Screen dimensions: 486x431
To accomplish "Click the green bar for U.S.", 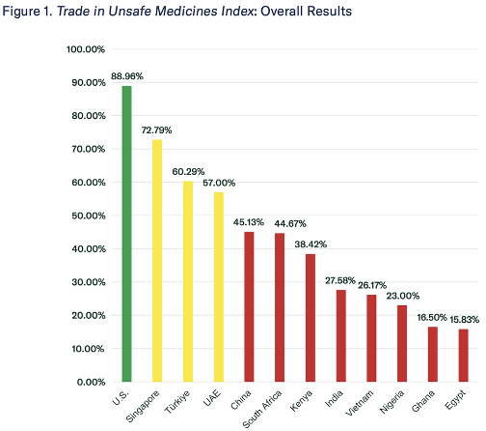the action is point(126,234).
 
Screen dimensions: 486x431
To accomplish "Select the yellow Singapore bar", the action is point(157,261).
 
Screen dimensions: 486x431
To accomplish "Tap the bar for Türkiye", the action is point(188,281).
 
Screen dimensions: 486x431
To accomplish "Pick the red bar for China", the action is point(249,306).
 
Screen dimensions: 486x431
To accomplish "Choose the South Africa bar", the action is point(280,307).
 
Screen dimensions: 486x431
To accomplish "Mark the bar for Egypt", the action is point(464,356).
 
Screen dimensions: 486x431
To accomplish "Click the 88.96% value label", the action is point(127,76).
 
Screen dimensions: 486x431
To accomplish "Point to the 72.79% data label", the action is point(156,130).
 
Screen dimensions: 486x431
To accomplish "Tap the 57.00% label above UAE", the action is point(219,183).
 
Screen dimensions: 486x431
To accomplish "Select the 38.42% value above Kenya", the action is point(310,244).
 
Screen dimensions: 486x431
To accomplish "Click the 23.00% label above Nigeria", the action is point(403,296).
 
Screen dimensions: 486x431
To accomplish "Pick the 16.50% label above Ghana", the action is point(432,318).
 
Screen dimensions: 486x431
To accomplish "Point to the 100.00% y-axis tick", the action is point(86,49).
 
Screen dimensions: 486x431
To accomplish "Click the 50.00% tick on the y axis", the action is point(89,215).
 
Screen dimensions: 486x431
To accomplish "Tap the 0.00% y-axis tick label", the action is point(91,382).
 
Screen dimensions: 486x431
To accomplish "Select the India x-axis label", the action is point(334,399).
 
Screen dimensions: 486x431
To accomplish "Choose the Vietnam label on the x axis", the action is point(360,403).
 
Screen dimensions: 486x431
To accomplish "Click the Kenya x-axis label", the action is point(301,400).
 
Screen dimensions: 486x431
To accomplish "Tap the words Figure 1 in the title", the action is point(27,12).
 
